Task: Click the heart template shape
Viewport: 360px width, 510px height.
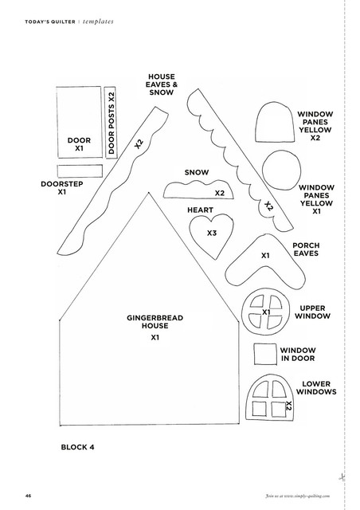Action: [211, 235]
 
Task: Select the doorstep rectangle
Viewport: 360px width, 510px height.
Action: [80, 171]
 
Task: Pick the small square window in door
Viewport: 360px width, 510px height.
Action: [265, 354]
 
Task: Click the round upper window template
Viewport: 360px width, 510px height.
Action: [265, 312]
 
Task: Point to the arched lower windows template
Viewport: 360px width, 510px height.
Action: [270, 397]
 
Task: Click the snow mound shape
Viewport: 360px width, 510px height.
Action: [198, 190]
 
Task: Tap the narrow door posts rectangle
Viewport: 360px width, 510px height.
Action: [111, 122]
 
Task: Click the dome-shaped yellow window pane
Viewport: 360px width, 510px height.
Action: [275, 122]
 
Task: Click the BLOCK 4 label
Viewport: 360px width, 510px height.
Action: [78, 447]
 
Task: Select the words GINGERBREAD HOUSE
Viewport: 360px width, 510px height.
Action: [155, 322]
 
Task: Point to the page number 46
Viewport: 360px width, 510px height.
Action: [28, 496]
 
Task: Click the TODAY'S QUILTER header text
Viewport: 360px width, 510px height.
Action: [50, 22]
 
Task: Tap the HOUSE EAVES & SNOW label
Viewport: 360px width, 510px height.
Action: [162, 84]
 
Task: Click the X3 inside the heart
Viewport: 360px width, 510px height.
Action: [212, 233]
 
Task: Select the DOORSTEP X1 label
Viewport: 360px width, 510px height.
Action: [62, 188]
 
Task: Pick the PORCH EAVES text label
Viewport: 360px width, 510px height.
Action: [306, 249]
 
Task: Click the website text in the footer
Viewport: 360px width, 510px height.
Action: [298, 496]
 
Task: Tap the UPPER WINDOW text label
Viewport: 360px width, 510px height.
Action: [312, 312]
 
